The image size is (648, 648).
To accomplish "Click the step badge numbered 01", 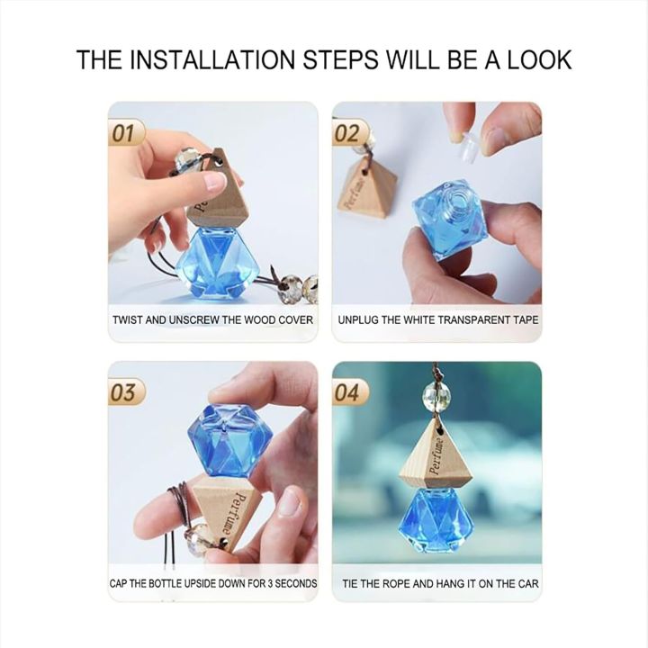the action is pos(126,133).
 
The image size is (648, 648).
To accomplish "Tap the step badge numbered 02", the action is pos(349,133).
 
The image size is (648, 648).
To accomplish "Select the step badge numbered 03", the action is pos(126,391).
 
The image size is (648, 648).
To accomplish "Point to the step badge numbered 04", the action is pos(350,392).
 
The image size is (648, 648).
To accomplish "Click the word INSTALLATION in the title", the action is pos(215,60).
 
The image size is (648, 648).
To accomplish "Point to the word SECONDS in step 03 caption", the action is pos(296,583).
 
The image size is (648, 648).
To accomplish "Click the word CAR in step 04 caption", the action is pos(529,583).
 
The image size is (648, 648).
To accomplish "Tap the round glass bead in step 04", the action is pos(433,396).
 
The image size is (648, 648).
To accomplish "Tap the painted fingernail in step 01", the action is pos(216,181).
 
